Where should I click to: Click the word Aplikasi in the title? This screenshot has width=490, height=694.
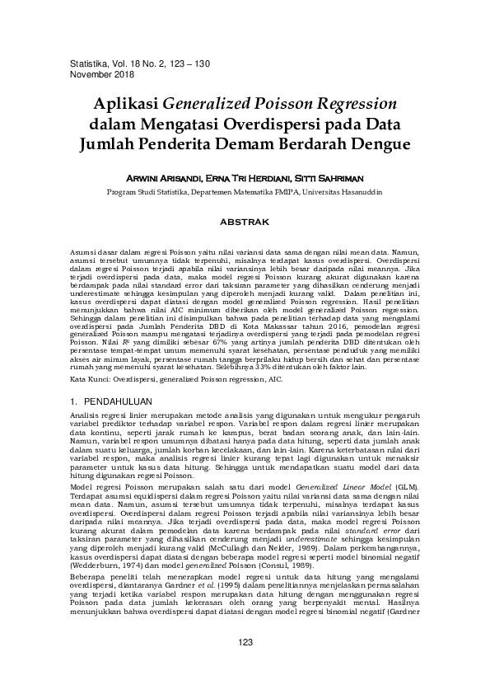pos(128,105)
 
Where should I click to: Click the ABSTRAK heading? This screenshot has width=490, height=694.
pos(245,222)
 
